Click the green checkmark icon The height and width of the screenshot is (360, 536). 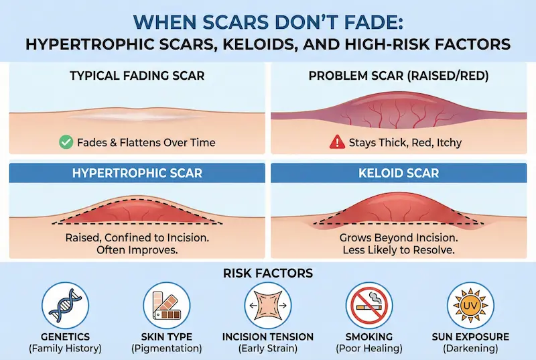(66, 142)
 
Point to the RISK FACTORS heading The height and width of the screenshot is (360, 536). (267, 273)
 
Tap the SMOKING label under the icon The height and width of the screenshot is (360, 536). (368, 337)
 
